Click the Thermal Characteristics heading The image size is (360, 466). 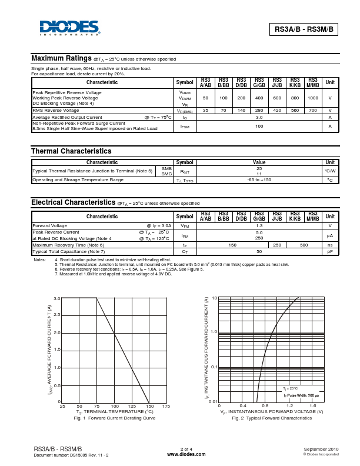point(71,151)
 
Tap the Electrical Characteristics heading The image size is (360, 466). point(73,202)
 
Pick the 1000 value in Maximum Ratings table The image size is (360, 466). point(313,98)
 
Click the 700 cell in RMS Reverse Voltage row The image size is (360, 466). point(313,110)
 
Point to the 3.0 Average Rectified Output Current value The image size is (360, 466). point(259,117)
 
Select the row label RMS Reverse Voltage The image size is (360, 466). point(56,110)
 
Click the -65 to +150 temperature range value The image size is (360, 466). point(259,179)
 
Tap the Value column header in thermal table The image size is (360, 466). point(259,162)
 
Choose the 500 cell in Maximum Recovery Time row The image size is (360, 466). point(304,244)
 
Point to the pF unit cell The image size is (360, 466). point(330,251)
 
